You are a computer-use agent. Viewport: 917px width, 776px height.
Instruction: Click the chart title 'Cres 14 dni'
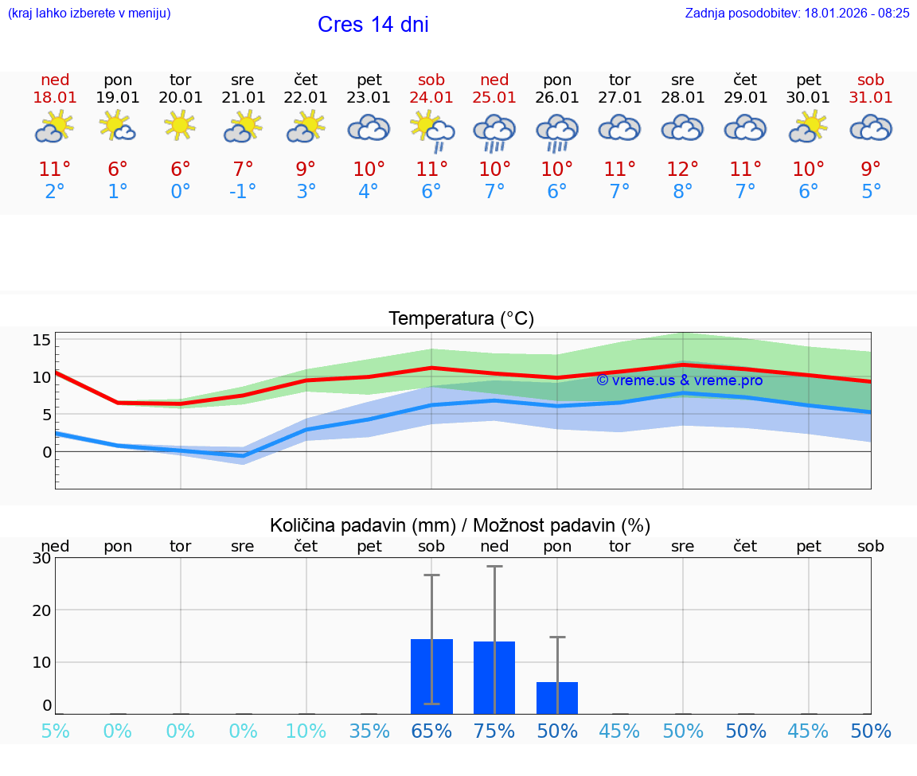(x=373, y=25)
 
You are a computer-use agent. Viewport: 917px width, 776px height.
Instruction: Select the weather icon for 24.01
(x=431, y=130)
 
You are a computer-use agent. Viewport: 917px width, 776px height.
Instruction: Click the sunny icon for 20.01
(x=180, y=125)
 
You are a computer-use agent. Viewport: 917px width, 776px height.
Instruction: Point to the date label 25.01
(x=494, y=98)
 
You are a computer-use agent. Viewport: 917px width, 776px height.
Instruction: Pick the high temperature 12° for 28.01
(x=682, y=170)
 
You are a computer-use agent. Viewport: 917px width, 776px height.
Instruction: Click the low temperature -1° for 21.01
(x=243, y=192)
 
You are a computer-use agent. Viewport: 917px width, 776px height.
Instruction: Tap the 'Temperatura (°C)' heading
(x=461, y=319)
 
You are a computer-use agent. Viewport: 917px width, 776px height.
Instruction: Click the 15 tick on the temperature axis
(x=41, y=341)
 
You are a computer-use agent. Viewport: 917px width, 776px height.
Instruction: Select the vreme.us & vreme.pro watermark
(x=679, y=380)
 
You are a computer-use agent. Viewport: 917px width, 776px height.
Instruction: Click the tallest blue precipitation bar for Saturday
(x=431, y=677)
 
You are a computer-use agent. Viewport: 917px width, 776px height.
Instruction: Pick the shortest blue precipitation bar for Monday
(x=557, y=698)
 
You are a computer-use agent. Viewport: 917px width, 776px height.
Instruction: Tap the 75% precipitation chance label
(x=494, y=731)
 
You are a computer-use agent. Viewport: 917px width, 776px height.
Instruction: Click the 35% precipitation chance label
(x=369, y=731)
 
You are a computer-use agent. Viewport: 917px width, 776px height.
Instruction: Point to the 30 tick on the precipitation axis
(x=41, y=558)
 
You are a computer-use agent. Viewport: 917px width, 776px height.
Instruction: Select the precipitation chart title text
(x=460, y=525)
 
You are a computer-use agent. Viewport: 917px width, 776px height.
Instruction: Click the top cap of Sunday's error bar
(x=494, y=566)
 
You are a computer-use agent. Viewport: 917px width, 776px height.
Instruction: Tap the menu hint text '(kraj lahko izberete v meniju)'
(x=89, y=13)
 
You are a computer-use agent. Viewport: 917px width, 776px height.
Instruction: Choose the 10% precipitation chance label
(x=306, y=731)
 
